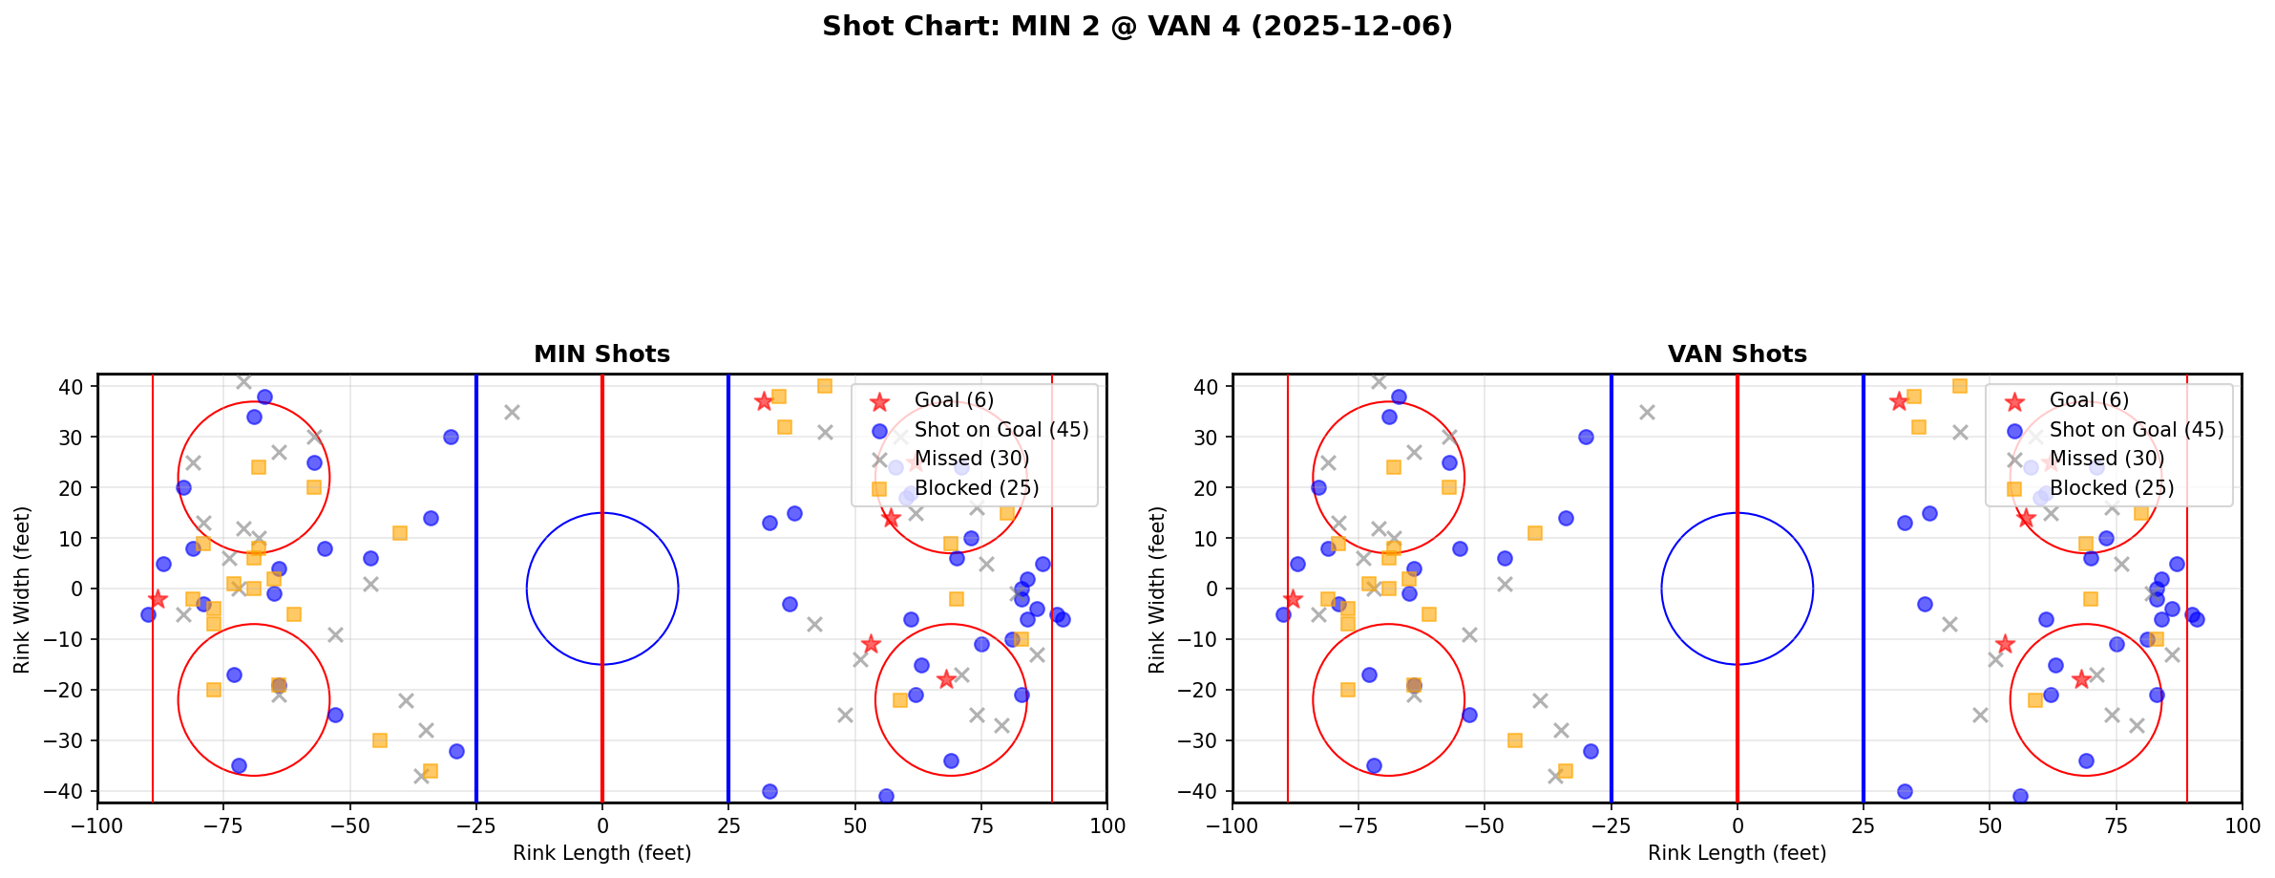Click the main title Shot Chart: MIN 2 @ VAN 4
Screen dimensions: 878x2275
1137,26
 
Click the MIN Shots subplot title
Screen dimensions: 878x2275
601,354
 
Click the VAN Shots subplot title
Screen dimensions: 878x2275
1737,354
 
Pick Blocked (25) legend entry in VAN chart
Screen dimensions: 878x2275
2111,488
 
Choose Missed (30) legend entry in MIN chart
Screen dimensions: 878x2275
971,459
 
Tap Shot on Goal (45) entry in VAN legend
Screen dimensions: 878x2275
2136,430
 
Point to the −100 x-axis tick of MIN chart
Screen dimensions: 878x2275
97,824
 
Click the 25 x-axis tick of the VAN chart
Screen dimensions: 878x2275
1864,824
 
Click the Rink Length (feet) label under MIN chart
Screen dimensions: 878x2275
601,853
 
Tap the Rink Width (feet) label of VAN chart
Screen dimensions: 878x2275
1157,589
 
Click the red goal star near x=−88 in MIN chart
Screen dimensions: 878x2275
158,599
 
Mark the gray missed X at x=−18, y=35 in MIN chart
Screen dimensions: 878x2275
512,412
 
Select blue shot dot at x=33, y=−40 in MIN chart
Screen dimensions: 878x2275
769,791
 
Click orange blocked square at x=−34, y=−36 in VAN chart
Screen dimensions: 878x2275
1565,771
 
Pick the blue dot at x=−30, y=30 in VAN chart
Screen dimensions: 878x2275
1586,437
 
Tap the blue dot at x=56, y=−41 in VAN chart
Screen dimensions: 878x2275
2020,796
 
